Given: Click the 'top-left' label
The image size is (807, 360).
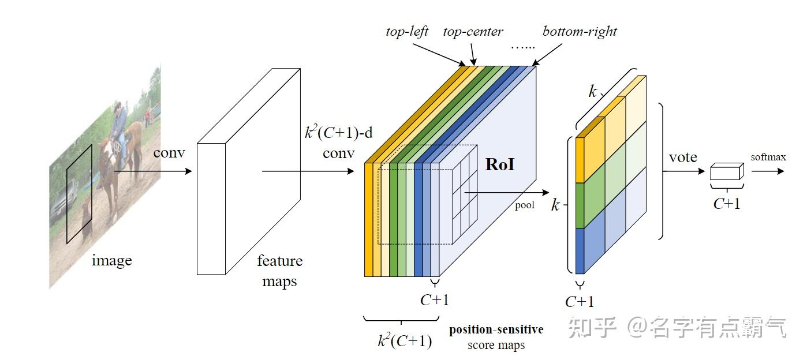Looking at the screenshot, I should [407, 31].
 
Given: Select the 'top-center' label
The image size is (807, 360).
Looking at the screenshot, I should [473, 31].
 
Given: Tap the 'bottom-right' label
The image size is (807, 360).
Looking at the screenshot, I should [580, 31].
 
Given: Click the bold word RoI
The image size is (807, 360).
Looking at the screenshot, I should [500, 164].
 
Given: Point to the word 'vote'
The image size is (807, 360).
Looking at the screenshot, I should [683, 157].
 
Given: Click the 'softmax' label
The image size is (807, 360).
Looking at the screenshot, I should [768, 157].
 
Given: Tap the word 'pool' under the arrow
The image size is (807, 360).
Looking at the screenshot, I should [525, 205].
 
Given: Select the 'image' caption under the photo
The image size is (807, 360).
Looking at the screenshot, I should [112, 260].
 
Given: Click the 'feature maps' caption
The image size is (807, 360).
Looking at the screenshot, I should [279, 271].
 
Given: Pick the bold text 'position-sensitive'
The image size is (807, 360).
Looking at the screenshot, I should [496, 329].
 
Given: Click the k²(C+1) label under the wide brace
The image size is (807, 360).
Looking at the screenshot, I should [405, 341].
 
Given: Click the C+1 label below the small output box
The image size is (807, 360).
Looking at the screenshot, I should [727, 203].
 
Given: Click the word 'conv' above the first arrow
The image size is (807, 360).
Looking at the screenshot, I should [169, 153].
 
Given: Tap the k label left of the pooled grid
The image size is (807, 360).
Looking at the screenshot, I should [555, 205].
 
